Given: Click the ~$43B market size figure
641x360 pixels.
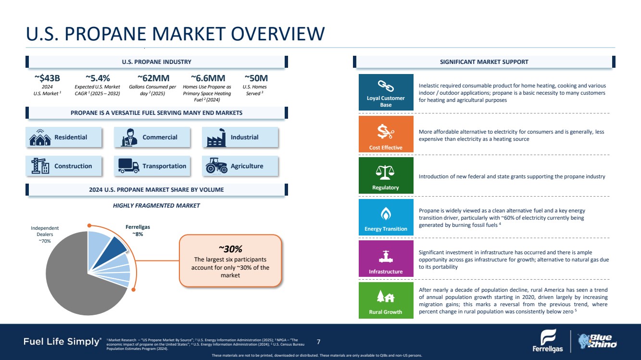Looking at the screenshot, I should (x=47, y=78).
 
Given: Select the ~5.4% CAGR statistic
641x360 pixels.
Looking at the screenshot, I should (x=98, y=78).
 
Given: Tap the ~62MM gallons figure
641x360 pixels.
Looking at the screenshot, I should (x=153, y=78).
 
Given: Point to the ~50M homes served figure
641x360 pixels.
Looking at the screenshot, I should (x=256, y=78).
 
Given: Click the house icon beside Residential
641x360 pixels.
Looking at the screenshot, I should (x=40, y=137).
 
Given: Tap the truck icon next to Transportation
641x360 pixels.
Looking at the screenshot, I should (x=128, y=166).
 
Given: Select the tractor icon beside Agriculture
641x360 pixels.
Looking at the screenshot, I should (x=216, y=166).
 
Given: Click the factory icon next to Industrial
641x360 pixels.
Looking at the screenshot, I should (x=216, y=137).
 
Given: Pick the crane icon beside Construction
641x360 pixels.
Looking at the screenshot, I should (x=40, y=166).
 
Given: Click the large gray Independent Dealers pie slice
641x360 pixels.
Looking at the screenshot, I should (x=72, y=284).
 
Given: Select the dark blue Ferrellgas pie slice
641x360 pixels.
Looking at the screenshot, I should (x=115, y=244).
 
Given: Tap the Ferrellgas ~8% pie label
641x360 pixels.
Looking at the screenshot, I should (x=138, y=230).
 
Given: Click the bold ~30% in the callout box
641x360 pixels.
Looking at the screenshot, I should (x=230, y=248).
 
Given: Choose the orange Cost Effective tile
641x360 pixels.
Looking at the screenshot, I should (x=386, y=134).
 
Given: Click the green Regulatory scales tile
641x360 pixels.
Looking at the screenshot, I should (x=386, y=175).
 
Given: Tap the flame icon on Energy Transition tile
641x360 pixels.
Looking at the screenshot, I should (x=386, y=213).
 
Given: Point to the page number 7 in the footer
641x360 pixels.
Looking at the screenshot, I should (x=319, y=342).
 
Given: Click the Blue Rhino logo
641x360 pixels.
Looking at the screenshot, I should (x=597, y=342).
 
